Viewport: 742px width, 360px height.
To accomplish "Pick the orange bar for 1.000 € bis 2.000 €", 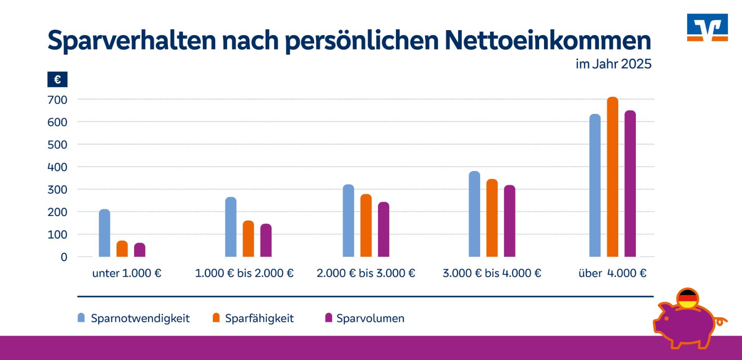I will (248, 239).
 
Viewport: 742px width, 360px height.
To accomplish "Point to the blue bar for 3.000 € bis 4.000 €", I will (474, 214).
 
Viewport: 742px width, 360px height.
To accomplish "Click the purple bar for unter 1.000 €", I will (139, 250).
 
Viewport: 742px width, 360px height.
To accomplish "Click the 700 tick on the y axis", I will (57, 100).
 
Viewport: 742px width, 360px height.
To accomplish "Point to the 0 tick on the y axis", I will (64, 257).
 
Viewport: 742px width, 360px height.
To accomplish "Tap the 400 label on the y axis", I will (57, 167).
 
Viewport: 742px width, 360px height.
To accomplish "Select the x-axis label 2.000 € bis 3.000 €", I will (366, 273).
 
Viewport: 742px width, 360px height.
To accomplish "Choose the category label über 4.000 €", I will (612, 273).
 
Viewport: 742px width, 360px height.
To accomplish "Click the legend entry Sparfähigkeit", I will (259, 319).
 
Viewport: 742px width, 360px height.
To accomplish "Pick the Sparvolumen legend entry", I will (370, 319).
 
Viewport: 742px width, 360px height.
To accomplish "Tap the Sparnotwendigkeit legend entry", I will (140, 319).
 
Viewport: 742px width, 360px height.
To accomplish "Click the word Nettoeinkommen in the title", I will (548, 40).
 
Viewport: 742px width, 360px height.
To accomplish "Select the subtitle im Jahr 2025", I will (613, 64).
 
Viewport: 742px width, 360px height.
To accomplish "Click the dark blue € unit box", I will (58, 80).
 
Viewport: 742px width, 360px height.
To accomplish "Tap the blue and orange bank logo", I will (707, 27).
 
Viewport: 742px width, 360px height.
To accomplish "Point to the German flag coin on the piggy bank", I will (688, 299).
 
